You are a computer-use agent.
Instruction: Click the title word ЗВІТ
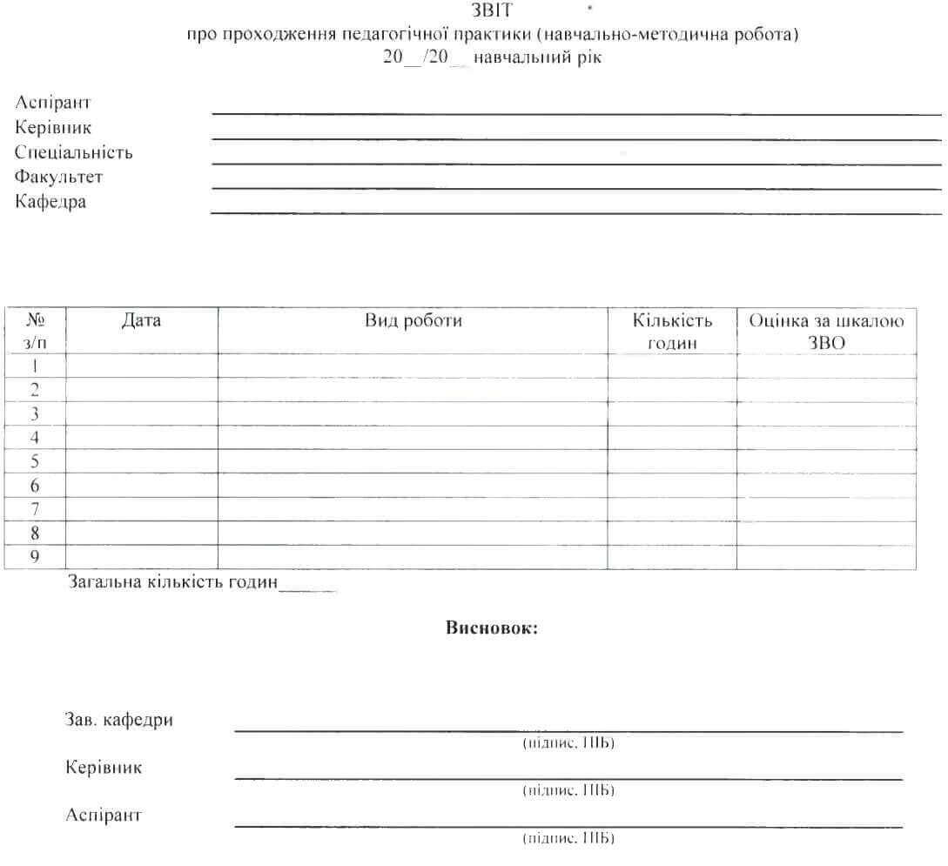tap(491, 11)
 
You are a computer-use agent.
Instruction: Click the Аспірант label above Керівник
tap(53, 103)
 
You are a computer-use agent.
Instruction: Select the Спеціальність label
tap(74, 152)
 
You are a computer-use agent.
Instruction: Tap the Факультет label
tap(59, 178)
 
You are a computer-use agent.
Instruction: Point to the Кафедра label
tap(50, 203)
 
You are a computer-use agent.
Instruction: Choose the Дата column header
tap(141, 321)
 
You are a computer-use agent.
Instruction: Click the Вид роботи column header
tap(413, 321)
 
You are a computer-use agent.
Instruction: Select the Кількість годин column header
tap(672, 332)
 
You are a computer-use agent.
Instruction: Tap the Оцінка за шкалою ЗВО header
tap(826, 332)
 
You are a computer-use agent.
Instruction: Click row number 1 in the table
tap(35, 366)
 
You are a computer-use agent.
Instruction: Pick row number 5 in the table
tap(35, 461)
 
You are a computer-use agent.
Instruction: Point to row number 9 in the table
tap(35, 557)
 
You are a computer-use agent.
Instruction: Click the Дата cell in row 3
tap(141, 413)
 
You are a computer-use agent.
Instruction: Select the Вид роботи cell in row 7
tap(413, 509)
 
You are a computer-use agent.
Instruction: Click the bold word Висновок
tap(492, 628)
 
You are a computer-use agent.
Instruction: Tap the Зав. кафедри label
tap(119, 720)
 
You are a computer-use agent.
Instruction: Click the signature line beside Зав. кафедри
tap(568, 730)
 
